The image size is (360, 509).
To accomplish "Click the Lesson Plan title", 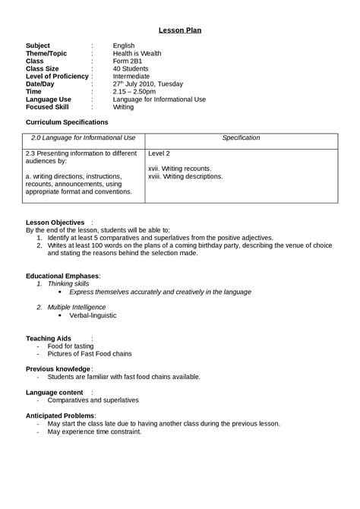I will (x=180, y=30).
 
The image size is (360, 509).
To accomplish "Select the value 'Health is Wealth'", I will (x=137, y=53).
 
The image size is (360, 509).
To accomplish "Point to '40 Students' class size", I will (x=131, y=68).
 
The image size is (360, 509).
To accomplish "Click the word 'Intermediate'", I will (x=132, y=76).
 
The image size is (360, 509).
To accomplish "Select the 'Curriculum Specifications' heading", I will (x=67, y=122).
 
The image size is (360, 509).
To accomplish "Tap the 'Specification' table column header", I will (x=241, y=138).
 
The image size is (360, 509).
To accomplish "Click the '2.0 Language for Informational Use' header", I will (x=83, y=138).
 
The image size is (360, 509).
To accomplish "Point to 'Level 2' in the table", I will (x=159, y=153).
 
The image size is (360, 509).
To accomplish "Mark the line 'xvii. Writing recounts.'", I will (x=179, y=169).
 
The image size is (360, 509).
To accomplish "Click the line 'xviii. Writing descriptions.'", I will (x=185, y=176).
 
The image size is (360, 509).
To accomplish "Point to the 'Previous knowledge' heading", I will (x=58, y=368).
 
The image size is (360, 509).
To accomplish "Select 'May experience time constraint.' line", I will (x=94, y=432).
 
